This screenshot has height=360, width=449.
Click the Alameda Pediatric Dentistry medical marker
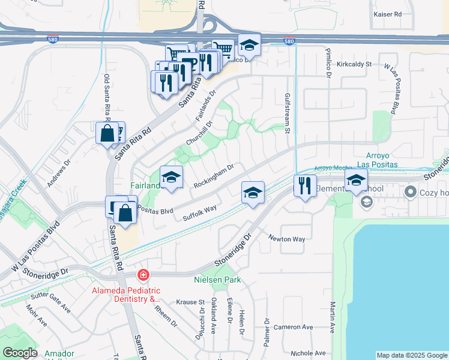pos(143,275)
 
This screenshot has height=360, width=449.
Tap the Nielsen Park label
pos(217,280)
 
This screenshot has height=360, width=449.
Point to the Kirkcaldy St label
pos(355,64)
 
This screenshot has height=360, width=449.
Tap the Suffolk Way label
pos(200,212)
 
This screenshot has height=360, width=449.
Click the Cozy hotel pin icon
pos(411,193)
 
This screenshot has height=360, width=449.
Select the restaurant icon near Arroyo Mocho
pos(305,186)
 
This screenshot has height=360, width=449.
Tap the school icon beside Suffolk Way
pos(253,193)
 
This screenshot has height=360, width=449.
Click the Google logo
pos(20,353)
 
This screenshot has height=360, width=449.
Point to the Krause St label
pos(193,302)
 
